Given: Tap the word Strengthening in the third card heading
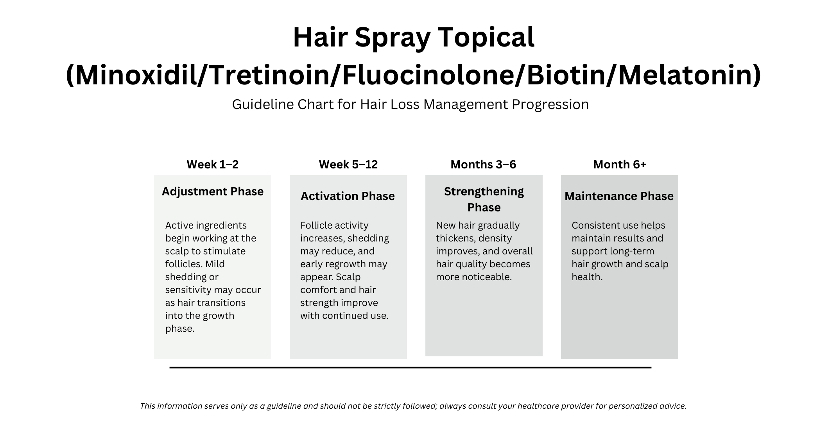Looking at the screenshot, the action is coord(484,191).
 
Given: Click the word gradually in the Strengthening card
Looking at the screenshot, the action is coord(498,225).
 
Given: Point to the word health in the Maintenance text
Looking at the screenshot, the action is coord(586,277).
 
